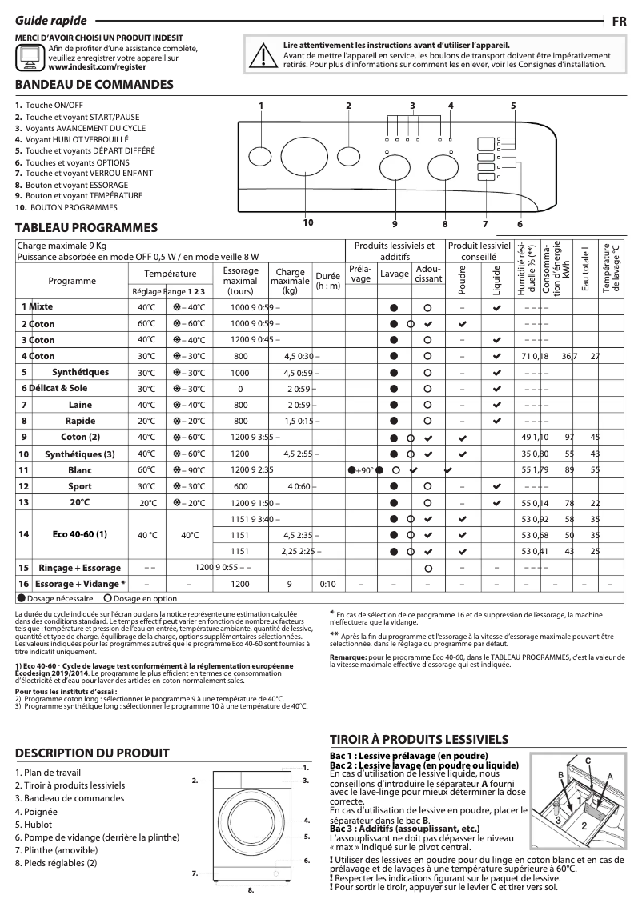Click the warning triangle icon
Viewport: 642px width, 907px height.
coord(260,55)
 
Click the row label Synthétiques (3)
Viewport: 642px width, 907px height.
coord(80,453)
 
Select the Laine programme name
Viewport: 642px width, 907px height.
coord(80,405)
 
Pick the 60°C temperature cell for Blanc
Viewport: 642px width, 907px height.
coord(146,469)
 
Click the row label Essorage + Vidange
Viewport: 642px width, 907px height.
coord(79,584)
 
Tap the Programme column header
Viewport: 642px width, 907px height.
coord(72,281)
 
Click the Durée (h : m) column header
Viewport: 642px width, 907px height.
coord(327,281)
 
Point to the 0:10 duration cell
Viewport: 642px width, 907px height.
coord(327,584)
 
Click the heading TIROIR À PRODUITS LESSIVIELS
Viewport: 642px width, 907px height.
coord(419,738)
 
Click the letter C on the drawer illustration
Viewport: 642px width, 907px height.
coord(588,759)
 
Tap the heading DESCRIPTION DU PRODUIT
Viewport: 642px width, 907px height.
coord(92,753)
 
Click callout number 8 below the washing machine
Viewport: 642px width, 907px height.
coord(251,889)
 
